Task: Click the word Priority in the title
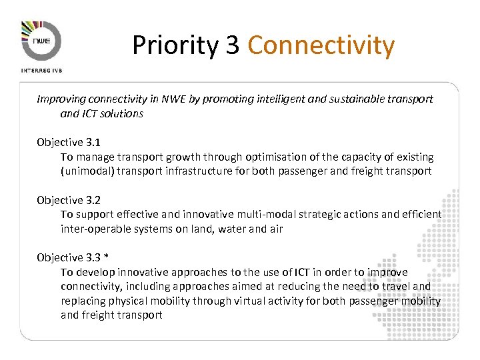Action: [175, 45]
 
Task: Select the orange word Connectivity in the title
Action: [321, 45]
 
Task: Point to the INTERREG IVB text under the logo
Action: [41, 69]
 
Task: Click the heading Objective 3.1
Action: [68, 142]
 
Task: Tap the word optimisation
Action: [276, 157]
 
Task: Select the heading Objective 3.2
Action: [68, 199]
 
